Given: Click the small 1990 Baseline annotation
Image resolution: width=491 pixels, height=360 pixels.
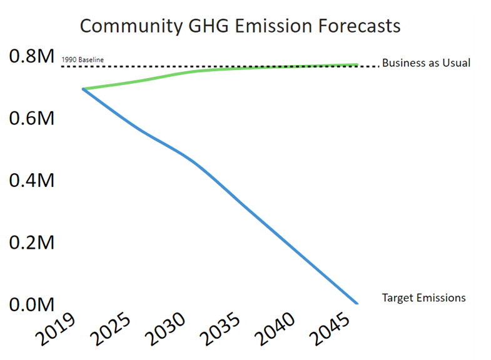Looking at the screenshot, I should (x=82, y=60).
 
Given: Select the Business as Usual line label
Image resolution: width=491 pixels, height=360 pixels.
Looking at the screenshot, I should (x=426, y=63).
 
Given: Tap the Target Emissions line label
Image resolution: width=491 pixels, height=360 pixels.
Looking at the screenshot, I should (x=423, y=297).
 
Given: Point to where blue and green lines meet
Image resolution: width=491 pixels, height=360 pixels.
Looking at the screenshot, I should (x=84, y=89).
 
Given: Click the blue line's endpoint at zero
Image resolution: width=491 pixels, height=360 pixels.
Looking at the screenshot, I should (x=357, y=304).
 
